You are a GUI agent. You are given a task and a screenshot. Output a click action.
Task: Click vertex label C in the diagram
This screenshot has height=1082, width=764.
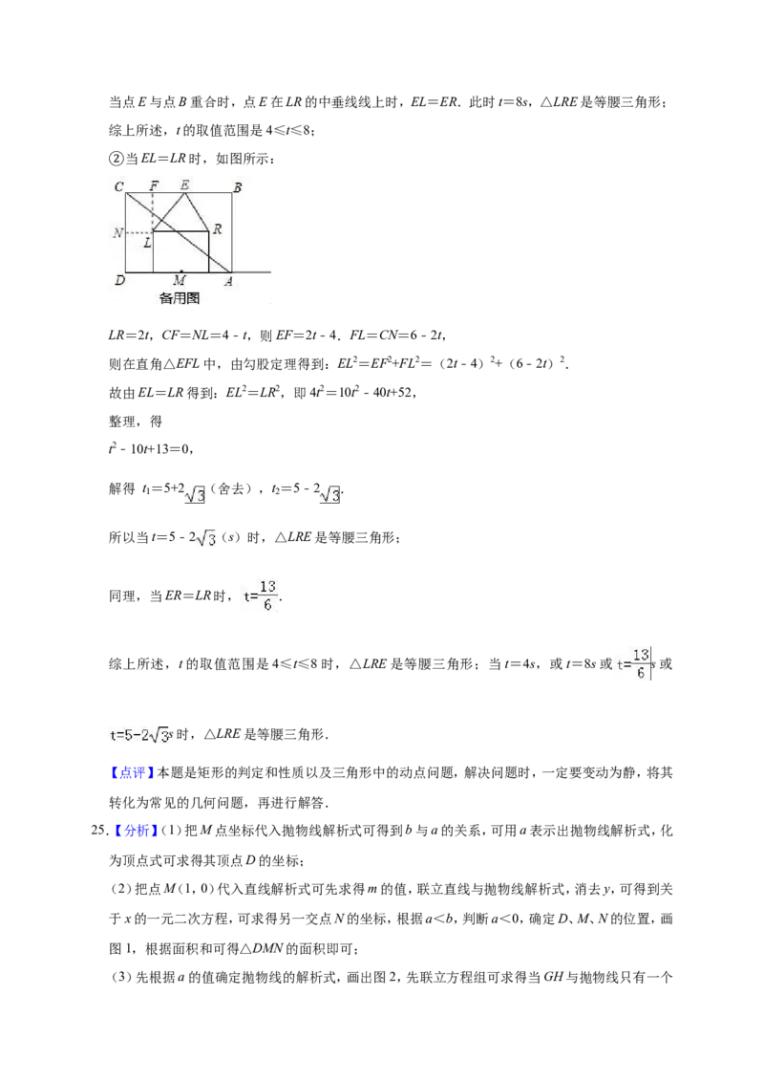pos(119,186)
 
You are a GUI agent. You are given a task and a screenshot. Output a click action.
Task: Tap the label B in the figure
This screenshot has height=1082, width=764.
pos(237,187)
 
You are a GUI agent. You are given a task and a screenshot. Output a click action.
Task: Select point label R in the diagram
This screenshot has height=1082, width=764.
pos(217,229)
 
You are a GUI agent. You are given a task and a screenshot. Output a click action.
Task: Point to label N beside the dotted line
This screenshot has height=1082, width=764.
pos(117,233)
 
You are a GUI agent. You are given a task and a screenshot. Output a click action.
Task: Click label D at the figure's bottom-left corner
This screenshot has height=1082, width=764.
pos(119,280)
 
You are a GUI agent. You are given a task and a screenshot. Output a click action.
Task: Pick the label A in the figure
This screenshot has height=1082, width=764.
pos(228,281)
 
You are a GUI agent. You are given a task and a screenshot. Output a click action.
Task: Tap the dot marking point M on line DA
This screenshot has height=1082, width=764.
pos(180,271)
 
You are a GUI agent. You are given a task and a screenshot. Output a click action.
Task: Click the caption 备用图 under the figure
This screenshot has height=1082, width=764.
pos(180,298)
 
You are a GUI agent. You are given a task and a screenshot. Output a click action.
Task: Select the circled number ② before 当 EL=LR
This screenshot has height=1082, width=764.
pos(116,159)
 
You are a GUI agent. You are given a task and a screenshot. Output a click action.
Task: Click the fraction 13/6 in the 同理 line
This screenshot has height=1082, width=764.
pos(267,595)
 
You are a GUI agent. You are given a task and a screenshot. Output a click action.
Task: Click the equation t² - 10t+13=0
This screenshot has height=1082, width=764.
pos(150,449)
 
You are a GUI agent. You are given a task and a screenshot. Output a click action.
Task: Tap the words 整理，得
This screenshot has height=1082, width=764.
pos(136,422)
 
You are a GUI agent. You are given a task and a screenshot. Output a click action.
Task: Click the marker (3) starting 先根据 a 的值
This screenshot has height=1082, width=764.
pos(120,977)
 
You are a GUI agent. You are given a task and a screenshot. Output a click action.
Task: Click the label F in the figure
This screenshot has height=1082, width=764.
pos(154,185)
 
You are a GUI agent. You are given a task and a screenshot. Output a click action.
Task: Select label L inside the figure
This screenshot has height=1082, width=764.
pos(147,242)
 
